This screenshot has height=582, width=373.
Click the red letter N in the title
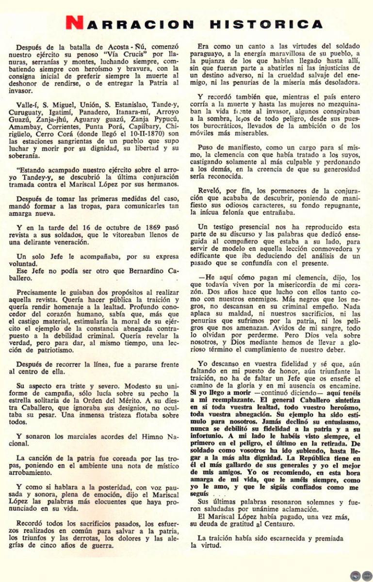pos(74,23)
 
